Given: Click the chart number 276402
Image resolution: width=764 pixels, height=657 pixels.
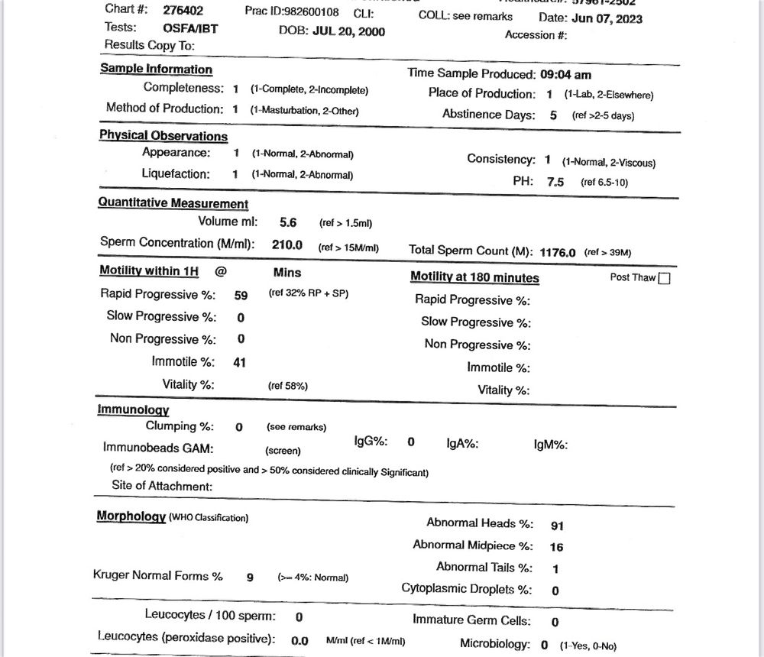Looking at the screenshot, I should pyautogui.click(x=183, y=11).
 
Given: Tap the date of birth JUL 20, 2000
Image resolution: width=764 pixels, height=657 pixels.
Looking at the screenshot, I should pyautogui.click(x=349, y=31).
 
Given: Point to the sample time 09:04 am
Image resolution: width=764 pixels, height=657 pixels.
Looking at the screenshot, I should pyautogui.click(x=565, y=75).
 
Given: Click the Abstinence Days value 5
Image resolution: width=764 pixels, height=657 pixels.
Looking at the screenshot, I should pyautogui.click(x=553, y=115).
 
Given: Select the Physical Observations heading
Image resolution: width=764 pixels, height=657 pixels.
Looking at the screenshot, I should pyautogui.click(x=163, y=136).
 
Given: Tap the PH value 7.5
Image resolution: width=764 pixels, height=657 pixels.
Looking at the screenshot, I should pyautogui.click(x=555, y=183).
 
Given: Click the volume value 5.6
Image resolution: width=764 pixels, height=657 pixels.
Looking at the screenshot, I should pyautogui.click(x=288, y=222).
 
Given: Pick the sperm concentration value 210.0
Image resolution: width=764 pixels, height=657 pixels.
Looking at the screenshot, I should pyautogui.click(x=287, y=245).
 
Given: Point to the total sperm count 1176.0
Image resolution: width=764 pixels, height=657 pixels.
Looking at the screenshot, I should pyautogui.click(x=557, y=251).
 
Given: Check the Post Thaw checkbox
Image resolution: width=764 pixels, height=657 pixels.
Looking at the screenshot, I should pyautogui.click(x=664, y=278).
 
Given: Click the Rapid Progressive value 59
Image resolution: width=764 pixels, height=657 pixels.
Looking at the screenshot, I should pyautogui.click(x=241, y=295).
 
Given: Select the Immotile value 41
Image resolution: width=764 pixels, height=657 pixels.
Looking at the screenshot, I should pyautogui.click(x=239, y=362).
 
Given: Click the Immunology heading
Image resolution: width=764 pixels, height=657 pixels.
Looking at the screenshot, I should pyautogui.click(x=133, y=410).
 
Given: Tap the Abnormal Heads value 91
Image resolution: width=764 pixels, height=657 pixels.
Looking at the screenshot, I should pyautogui.click(x=557, y=526).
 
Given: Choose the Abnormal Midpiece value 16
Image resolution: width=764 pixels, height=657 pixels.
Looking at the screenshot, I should pyautogui.click(x=556, y=547).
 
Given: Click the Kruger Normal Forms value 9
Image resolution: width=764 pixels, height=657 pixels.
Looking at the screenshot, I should pyautogui.click(x=250, y=578).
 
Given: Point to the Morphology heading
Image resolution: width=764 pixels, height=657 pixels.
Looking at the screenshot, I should pyautogui.click(x=131, y=516).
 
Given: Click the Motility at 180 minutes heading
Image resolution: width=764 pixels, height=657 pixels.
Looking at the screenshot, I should pyautogui.click(x=474, y=278).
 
